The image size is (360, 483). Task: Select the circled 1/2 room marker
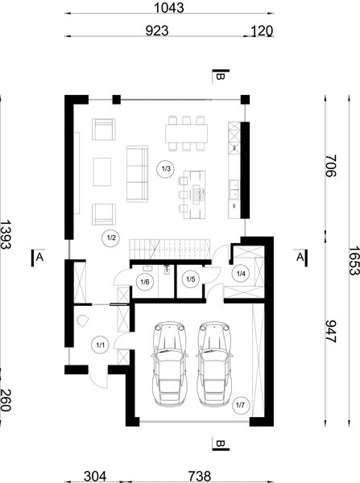tap(111, 238)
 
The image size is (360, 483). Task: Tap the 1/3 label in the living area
tap(166, 169)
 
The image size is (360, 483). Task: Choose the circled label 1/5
tap(191, 280)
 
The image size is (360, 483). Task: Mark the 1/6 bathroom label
tap(145, 281)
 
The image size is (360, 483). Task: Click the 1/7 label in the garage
tap(239, 406)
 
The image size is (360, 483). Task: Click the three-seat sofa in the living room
tap(137, 172)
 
